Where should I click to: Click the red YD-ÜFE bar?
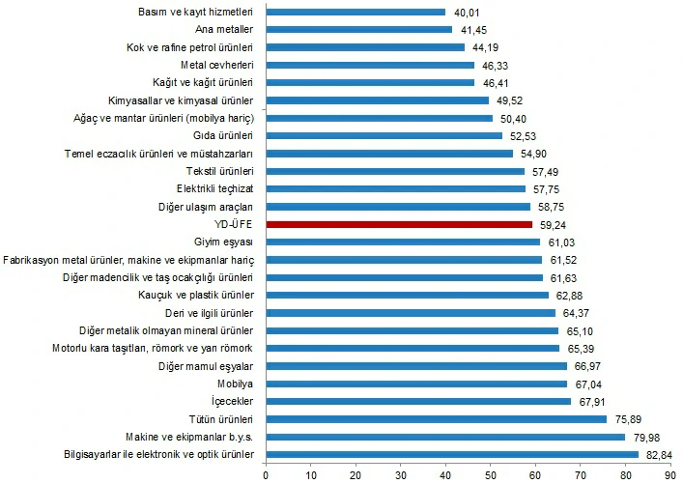click(x=399, y=224)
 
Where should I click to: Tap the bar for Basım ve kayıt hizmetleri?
click(x=356, y=13)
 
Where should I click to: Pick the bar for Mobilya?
click(x=416, y=384)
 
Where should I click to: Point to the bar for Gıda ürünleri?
click(x=384, y=136)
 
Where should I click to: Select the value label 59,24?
click(x=551, y=224)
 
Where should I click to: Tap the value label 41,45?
click(x=470, y=30)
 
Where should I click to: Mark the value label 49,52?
click(x=507, y=100)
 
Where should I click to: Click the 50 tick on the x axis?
click(x=490, y=474)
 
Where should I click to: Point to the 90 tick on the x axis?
click(x=669, y=474)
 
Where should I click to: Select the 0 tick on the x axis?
click(x=266, y=474)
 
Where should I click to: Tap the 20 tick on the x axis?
click(x=356, y=474)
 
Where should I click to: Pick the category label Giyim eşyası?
click(x=223, y=242)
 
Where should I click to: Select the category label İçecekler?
click(x=232, y=401)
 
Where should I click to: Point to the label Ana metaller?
click(x=223, y=30)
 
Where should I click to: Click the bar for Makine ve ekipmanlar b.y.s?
click(x=445, y=437)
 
